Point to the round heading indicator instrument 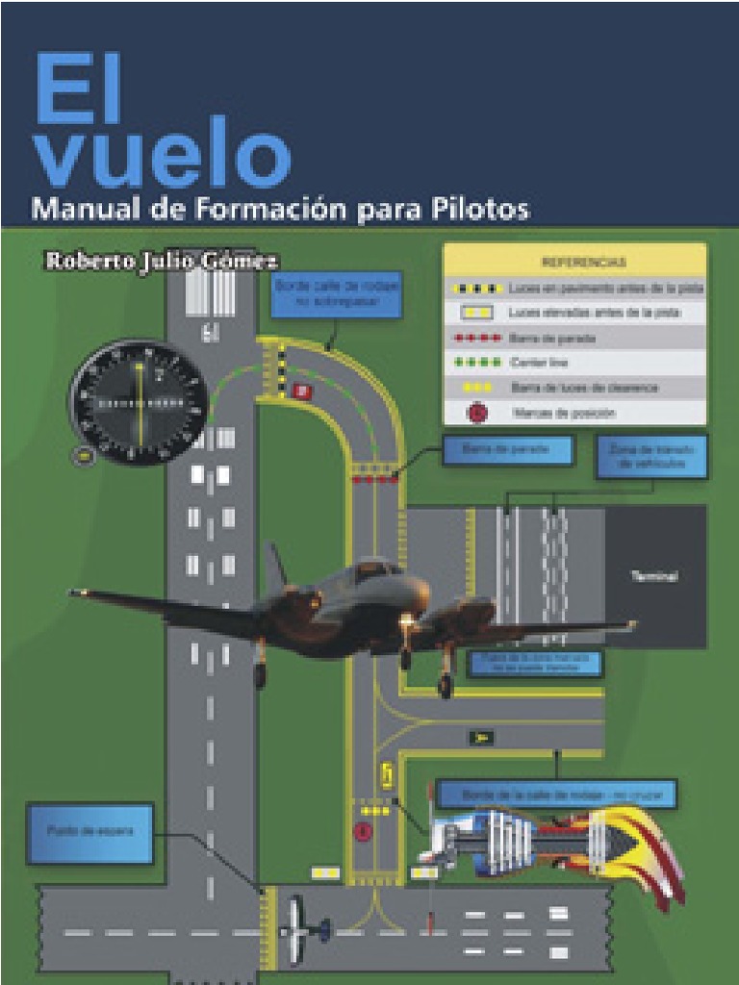coord(138,402)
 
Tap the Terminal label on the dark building coord(654,576)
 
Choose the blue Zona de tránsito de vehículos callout coord(651,456)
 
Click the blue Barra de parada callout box coord(506,449)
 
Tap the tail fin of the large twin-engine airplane coord(276,568)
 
